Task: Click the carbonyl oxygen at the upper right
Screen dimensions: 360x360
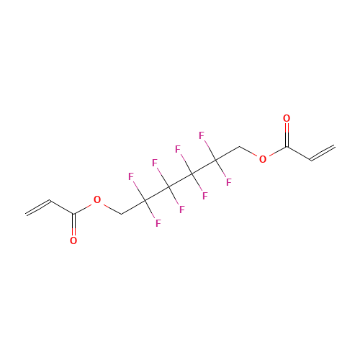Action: point(287,118)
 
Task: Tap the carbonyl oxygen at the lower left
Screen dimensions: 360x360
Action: point(73,240)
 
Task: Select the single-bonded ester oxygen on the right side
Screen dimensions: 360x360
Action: point(263,159)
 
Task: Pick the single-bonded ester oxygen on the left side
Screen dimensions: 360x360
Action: point(97,199)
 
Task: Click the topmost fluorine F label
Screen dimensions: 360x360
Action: point(202,135)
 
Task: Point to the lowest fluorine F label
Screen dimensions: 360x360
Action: point(158,223)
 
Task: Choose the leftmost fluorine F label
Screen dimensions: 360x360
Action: point(131,176)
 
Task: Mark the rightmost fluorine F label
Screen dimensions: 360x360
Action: point(229,182)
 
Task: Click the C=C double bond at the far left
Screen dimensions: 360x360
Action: point(38,207)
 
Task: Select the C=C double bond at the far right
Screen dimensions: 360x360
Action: point(323,153)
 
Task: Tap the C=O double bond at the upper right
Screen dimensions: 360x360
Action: point(287,135)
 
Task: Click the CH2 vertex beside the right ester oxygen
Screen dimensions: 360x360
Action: point(239,146)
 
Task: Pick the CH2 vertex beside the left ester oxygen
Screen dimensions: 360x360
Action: point(121,214)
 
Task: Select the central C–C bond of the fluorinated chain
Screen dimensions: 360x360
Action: point(180,180)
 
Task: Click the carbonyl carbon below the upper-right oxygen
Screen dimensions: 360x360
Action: point(287,146)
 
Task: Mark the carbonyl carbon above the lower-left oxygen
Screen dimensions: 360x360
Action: point(73,213)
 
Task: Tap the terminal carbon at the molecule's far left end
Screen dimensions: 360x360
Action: point(26,214)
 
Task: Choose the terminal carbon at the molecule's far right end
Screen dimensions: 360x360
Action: point(335,146)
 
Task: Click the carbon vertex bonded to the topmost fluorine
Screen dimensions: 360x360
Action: point(216,160)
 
